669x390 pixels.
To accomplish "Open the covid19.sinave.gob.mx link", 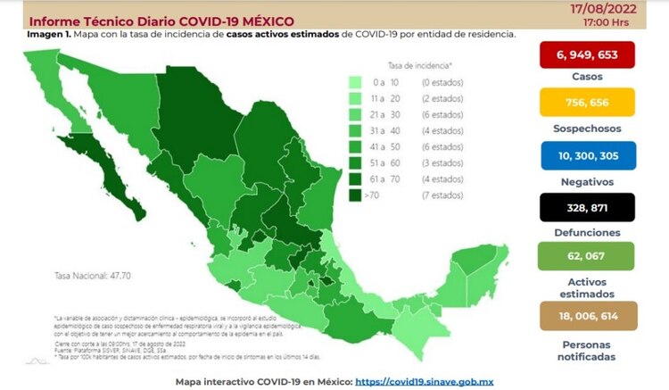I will tap(425, 381).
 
